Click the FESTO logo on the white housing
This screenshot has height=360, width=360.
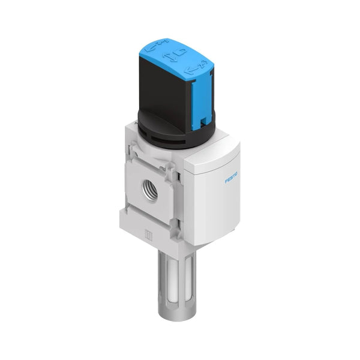(x=232, y=179)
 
